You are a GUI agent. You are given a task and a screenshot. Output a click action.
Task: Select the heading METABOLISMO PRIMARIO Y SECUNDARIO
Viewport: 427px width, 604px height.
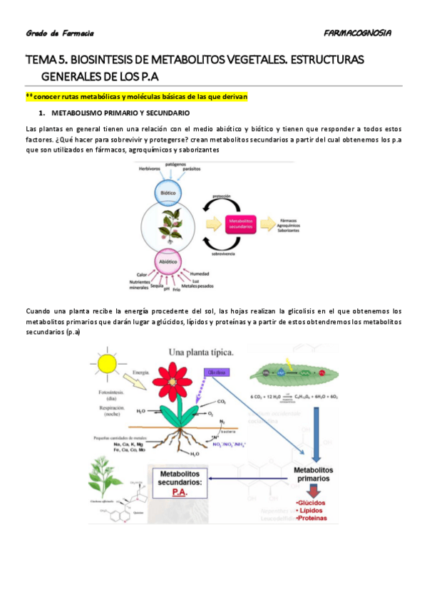coord(118,113)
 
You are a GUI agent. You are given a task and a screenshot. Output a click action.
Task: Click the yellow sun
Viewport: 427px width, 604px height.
coord(108,363)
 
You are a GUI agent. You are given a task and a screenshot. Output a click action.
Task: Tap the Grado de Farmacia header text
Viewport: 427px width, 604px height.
coord(60,33)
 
